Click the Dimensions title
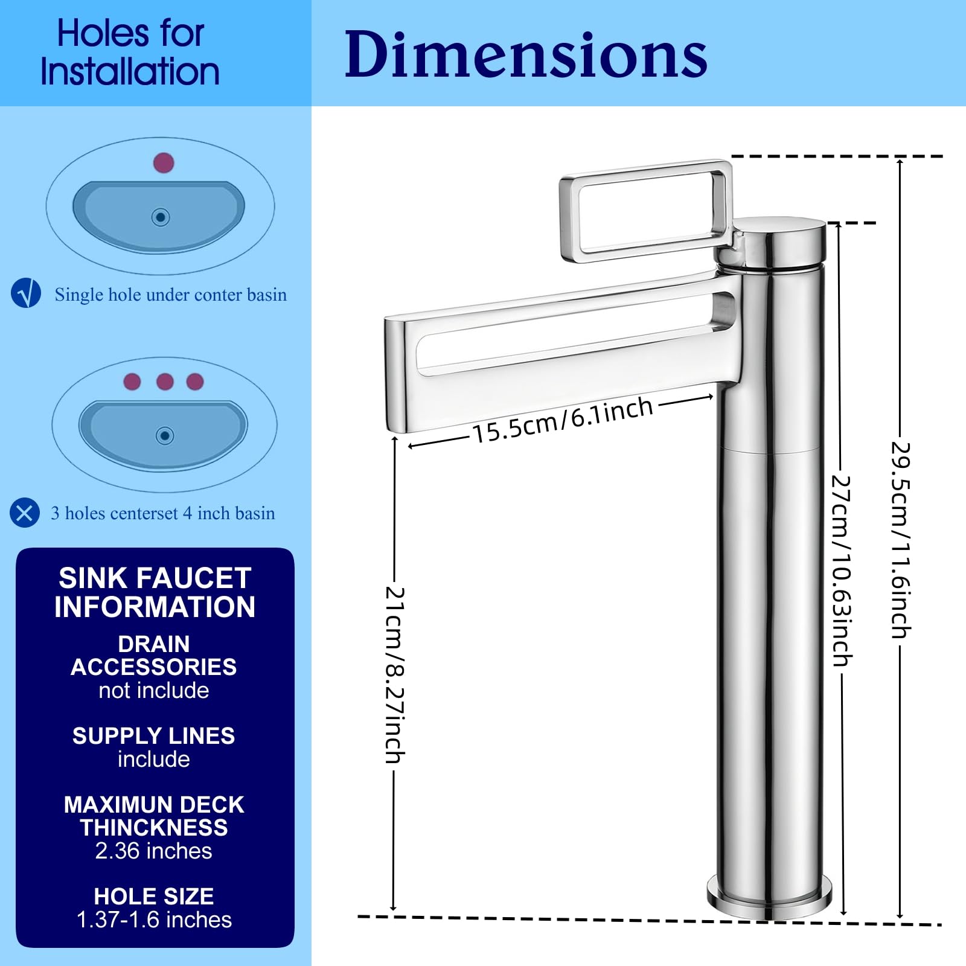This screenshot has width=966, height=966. click(x=525, y=54)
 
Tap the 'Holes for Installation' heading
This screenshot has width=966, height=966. click(x=130, y=53)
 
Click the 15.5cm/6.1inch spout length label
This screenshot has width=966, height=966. click(x=563, y=420)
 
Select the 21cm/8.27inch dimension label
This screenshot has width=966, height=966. click(x=395, y=674)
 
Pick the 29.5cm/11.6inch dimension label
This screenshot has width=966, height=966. click(x=901, y=540)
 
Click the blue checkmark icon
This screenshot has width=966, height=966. click(x=26, y=293)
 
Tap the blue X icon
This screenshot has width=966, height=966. click(x=25, y=513)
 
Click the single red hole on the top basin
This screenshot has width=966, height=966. click(x=164, y=162)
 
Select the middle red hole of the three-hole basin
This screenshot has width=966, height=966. click(x=165, y=382)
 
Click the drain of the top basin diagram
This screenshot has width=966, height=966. click(x=161, y=217)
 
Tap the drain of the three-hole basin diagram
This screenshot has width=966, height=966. click(x=165, y=435)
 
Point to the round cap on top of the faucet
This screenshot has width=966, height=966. click(x=770, y=242)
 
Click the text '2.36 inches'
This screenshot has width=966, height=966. click(x=154, y=851)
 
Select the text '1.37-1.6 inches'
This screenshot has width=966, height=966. click(x=154, y=920)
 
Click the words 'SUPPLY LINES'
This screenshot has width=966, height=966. click(x=154, y=736)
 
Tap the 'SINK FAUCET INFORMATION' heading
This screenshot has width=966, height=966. click(x=155, y=592)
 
